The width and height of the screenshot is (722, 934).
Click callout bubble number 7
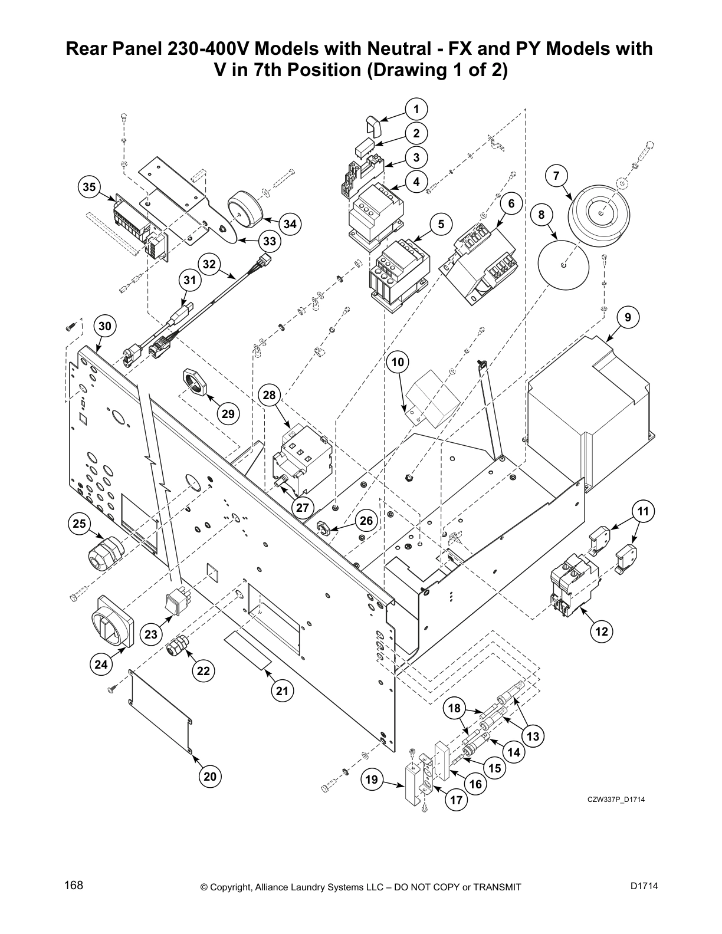(556, 175)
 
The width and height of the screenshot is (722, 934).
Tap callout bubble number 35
(89, 187)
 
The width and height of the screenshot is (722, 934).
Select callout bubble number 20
(210, 777)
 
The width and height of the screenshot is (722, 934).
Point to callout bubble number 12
(601, 632)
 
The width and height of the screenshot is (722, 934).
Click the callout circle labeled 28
(270, 395)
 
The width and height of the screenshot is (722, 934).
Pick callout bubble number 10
(398, 361)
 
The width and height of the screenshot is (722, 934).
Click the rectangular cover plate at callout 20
(160, 710)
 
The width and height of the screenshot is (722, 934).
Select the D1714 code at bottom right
(644, 886)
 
